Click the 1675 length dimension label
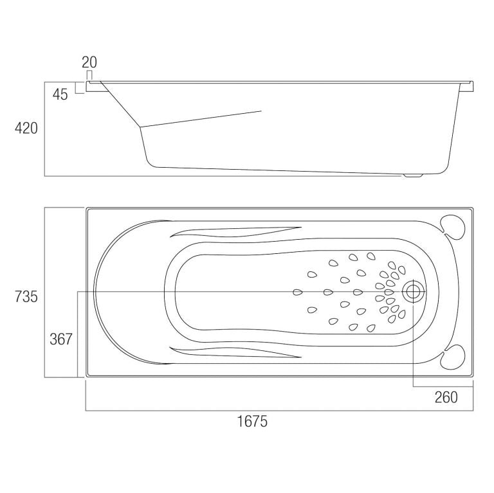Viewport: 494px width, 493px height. point(252,421)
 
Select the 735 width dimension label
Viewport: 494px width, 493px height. point(26,296)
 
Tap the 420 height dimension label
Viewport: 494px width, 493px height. point(26,128)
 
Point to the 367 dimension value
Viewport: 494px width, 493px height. point(61,339)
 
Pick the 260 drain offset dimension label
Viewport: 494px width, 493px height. point(446,397)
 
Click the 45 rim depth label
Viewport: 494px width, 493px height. point(60,94)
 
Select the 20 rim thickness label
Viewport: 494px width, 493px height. point(89,62)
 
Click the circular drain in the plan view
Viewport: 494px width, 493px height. point(413,292)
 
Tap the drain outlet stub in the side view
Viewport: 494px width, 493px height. point(412,175)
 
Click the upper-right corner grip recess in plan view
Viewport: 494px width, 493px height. point(453,227)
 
